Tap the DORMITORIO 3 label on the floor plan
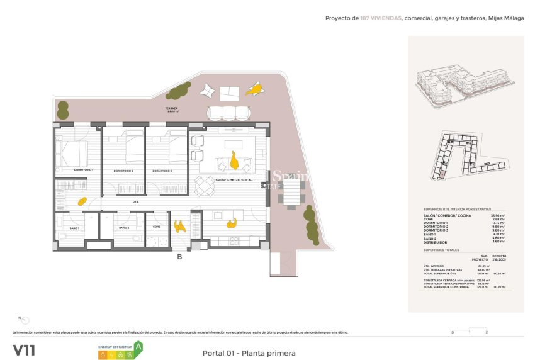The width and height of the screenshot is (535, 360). point(162,171)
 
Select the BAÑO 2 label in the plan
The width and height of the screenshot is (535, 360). point(123,227)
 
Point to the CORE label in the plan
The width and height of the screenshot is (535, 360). point(157,226)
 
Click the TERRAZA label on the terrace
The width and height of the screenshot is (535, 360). point(172,108)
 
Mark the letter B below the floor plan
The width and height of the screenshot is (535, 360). point(179,256)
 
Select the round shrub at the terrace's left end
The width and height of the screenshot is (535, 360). point(63,111)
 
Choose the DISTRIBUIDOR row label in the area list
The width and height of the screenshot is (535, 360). point(436,242)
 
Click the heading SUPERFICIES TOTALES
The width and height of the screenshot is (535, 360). point(441,250)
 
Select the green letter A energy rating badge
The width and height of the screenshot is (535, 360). point(138,346)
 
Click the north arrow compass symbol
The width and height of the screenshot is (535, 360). point(25,320)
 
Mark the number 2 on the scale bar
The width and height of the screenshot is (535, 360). point(487,332)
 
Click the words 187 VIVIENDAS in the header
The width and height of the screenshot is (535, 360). point(380,18)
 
